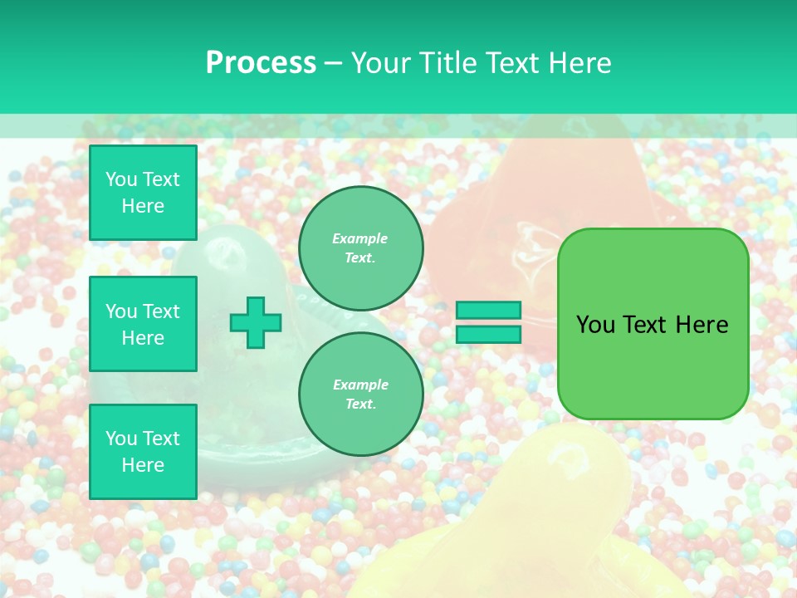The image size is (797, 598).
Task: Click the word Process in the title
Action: (261, 63)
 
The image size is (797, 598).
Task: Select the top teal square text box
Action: (143, 193)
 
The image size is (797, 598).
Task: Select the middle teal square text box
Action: (143, 324)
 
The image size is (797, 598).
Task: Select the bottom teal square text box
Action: (143, 452)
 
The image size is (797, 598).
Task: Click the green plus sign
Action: (256, 322)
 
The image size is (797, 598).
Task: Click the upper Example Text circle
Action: (361, 248)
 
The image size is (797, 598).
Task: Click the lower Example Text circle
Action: (361, 395)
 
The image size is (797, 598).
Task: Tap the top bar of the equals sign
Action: (489, 310)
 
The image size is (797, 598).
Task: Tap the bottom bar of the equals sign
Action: (489, 334)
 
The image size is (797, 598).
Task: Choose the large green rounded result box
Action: (653, 324)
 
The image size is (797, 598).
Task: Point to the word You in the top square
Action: (121, 179)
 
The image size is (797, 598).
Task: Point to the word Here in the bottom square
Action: (143, 465)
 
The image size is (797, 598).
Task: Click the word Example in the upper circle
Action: (360, 238)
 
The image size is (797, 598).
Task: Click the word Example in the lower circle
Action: (360, 385)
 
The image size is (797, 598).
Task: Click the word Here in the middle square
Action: (143, 338)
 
